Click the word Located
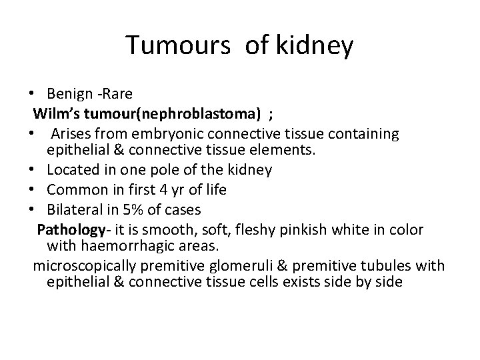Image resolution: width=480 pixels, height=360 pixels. [x=75, y=170]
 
